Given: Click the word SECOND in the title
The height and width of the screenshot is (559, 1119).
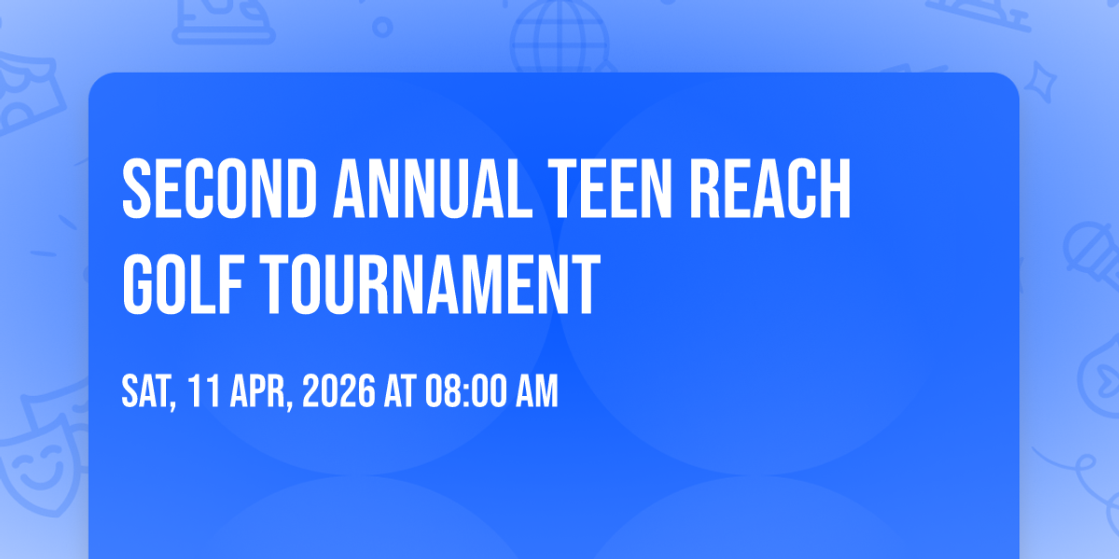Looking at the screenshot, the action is point(219,188).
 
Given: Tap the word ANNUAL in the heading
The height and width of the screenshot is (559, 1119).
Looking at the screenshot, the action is point(433,188).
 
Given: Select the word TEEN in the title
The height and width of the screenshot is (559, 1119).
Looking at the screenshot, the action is point(610,188).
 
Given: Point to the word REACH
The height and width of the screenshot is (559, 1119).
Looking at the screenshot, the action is point(770,188).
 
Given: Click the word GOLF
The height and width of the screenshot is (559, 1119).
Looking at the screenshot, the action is point(183,284).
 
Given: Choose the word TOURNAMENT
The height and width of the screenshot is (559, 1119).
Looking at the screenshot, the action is point(430,284).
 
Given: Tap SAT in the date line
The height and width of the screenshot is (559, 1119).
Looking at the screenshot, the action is point(149,392).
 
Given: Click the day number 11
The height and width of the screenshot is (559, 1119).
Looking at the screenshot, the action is point(205,391).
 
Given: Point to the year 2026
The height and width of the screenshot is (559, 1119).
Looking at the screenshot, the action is point(338,391).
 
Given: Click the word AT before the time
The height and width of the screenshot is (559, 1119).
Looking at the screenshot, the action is point(400,391).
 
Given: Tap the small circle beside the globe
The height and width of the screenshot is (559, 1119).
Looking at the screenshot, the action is point(382,27).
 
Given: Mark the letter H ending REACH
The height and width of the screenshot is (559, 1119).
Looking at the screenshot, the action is point(836,188).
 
